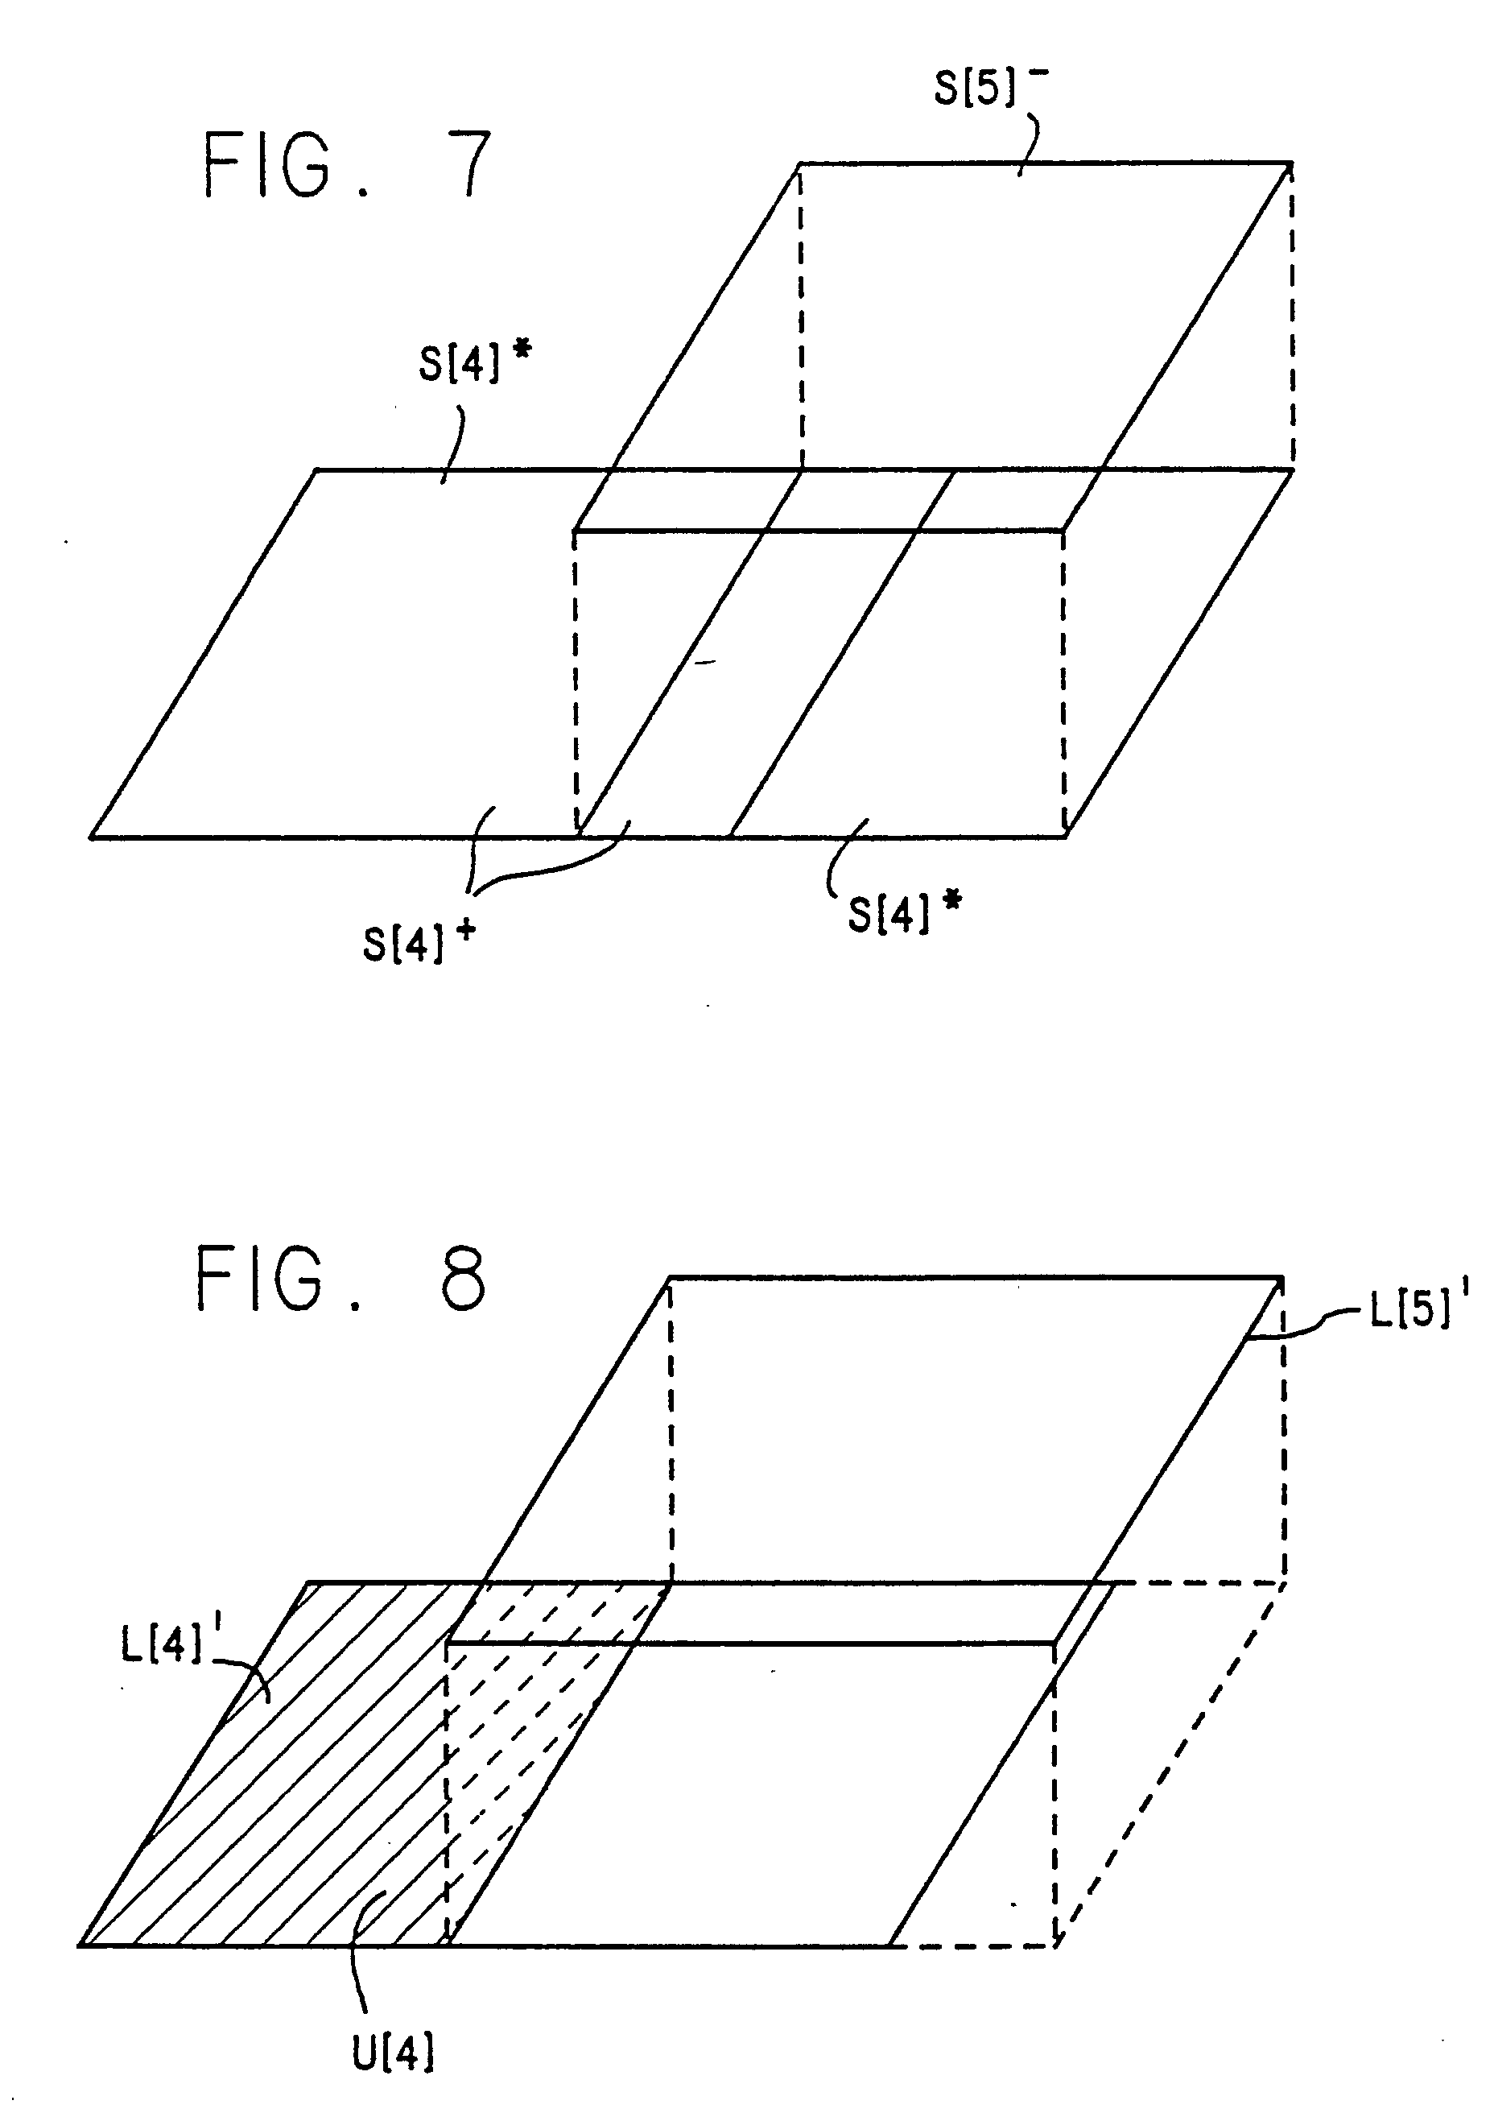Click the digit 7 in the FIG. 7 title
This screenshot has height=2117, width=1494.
click(465, 165)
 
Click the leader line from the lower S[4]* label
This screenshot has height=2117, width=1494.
click(844, 853)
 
